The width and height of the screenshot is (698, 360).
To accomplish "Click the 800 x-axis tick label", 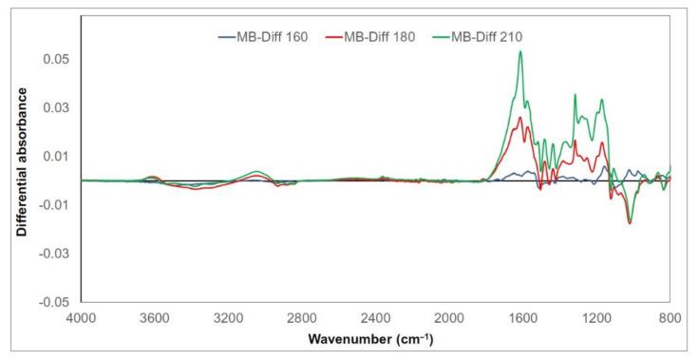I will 670,319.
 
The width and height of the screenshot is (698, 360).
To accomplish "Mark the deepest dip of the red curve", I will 629,223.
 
